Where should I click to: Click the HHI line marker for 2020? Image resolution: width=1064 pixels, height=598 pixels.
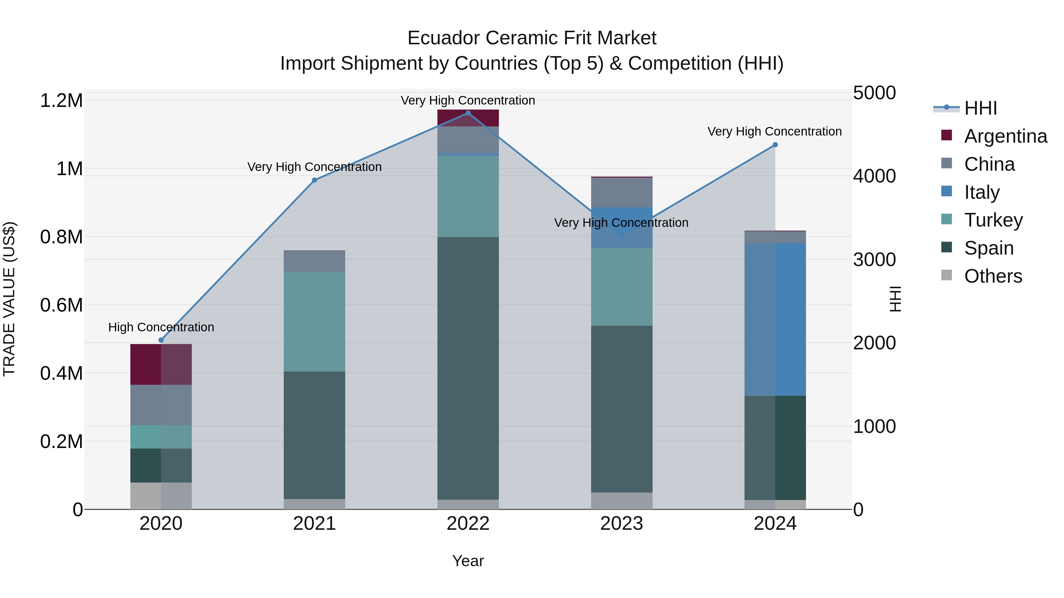[x=161, y=340]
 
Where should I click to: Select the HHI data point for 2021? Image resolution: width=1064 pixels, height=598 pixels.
[x=314, y=180]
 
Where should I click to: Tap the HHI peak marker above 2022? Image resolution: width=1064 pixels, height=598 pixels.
[x=468, y=113]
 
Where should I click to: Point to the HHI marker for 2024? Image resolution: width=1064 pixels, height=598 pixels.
[x=775, y=145]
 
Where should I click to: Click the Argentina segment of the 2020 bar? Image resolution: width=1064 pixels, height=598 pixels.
[x=161, y=364]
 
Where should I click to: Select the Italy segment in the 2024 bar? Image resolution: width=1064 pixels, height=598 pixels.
[x=775, y=319]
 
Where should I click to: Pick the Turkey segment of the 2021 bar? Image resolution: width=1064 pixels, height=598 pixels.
[x=314, y=322]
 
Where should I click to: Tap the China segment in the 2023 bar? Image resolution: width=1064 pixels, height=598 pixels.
[x=622, y=192]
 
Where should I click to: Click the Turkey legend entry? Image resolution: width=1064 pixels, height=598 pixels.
[x=993, y=220]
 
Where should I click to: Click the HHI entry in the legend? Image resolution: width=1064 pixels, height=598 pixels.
[x=980, y=108]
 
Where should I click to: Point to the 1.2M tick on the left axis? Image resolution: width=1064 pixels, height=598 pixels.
[x=61, y=101]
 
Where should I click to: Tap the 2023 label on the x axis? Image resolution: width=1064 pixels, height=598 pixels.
[x=621, y=524]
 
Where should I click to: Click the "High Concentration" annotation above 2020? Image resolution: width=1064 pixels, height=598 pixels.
[x=161, y=327]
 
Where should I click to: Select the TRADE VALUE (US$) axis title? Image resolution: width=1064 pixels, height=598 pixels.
[x=9, y=299]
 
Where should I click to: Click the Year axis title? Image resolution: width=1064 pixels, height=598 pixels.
[x=468, y=561]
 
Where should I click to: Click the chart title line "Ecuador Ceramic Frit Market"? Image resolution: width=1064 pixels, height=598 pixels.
[x=532, y=38]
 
